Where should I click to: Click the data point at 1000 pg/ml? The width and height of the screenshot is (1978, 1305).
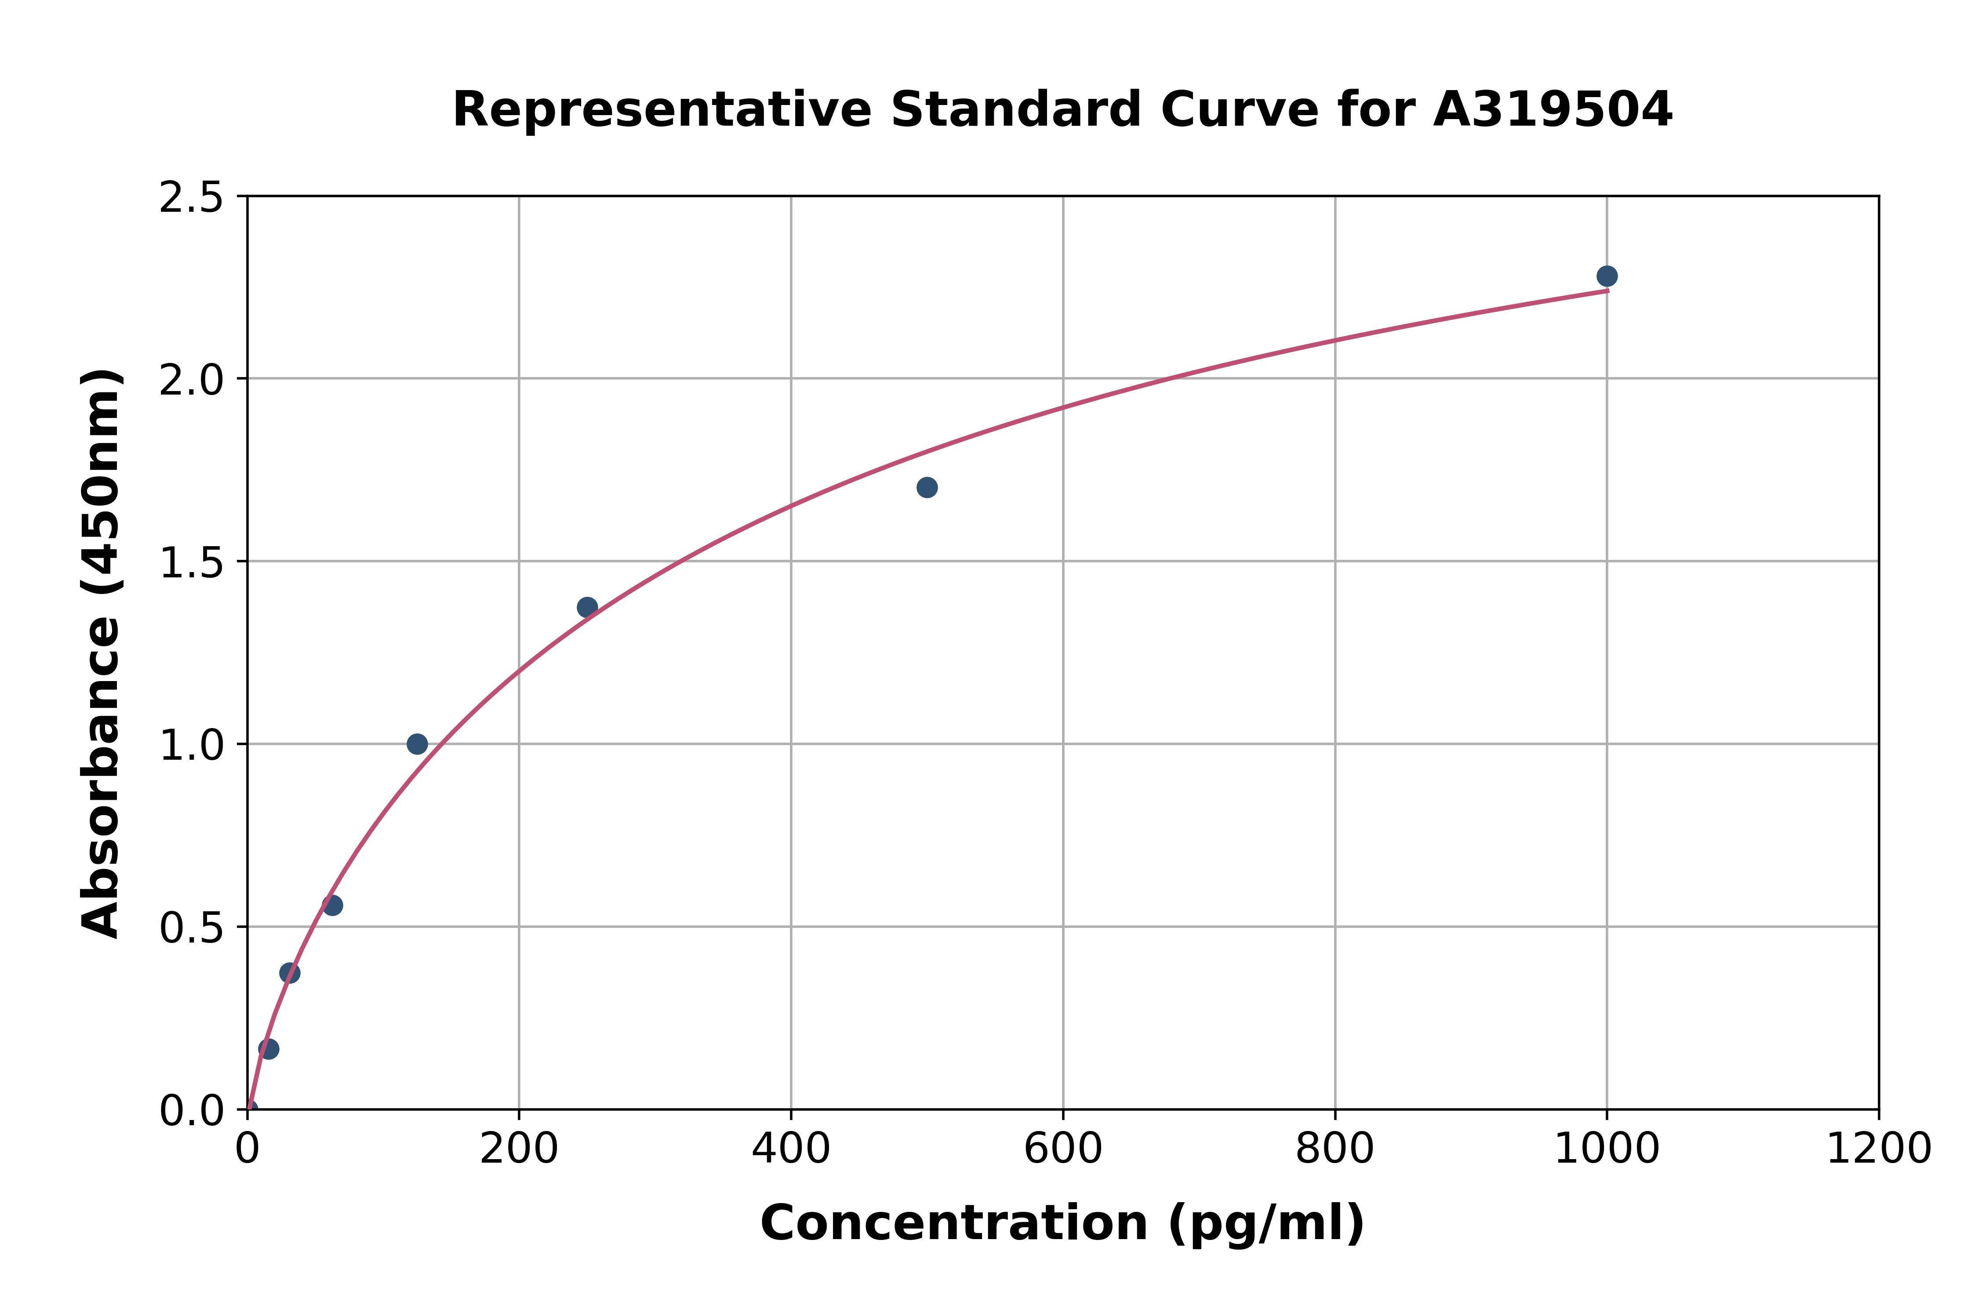point(1607,275)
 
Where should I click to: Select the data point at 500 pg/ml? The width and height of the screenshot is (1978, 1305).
point(927,487)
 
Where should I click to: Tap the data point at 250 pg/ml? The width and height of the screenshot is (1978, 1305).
point(587,607)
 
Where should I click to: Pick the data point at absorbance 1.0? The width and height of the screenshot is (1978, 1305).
point(417,743)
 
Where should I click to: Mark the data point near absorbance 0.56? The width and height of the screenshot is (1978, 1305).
point(332,905)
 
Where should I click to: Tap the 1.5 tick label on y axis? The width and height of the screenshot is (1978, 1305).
point(192,562)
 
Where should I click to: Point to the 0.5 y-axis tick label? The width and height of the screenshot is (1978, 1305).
point(192,927)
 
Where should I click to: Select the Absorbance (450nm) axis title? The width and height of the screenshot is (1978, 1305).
point(102,653)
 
